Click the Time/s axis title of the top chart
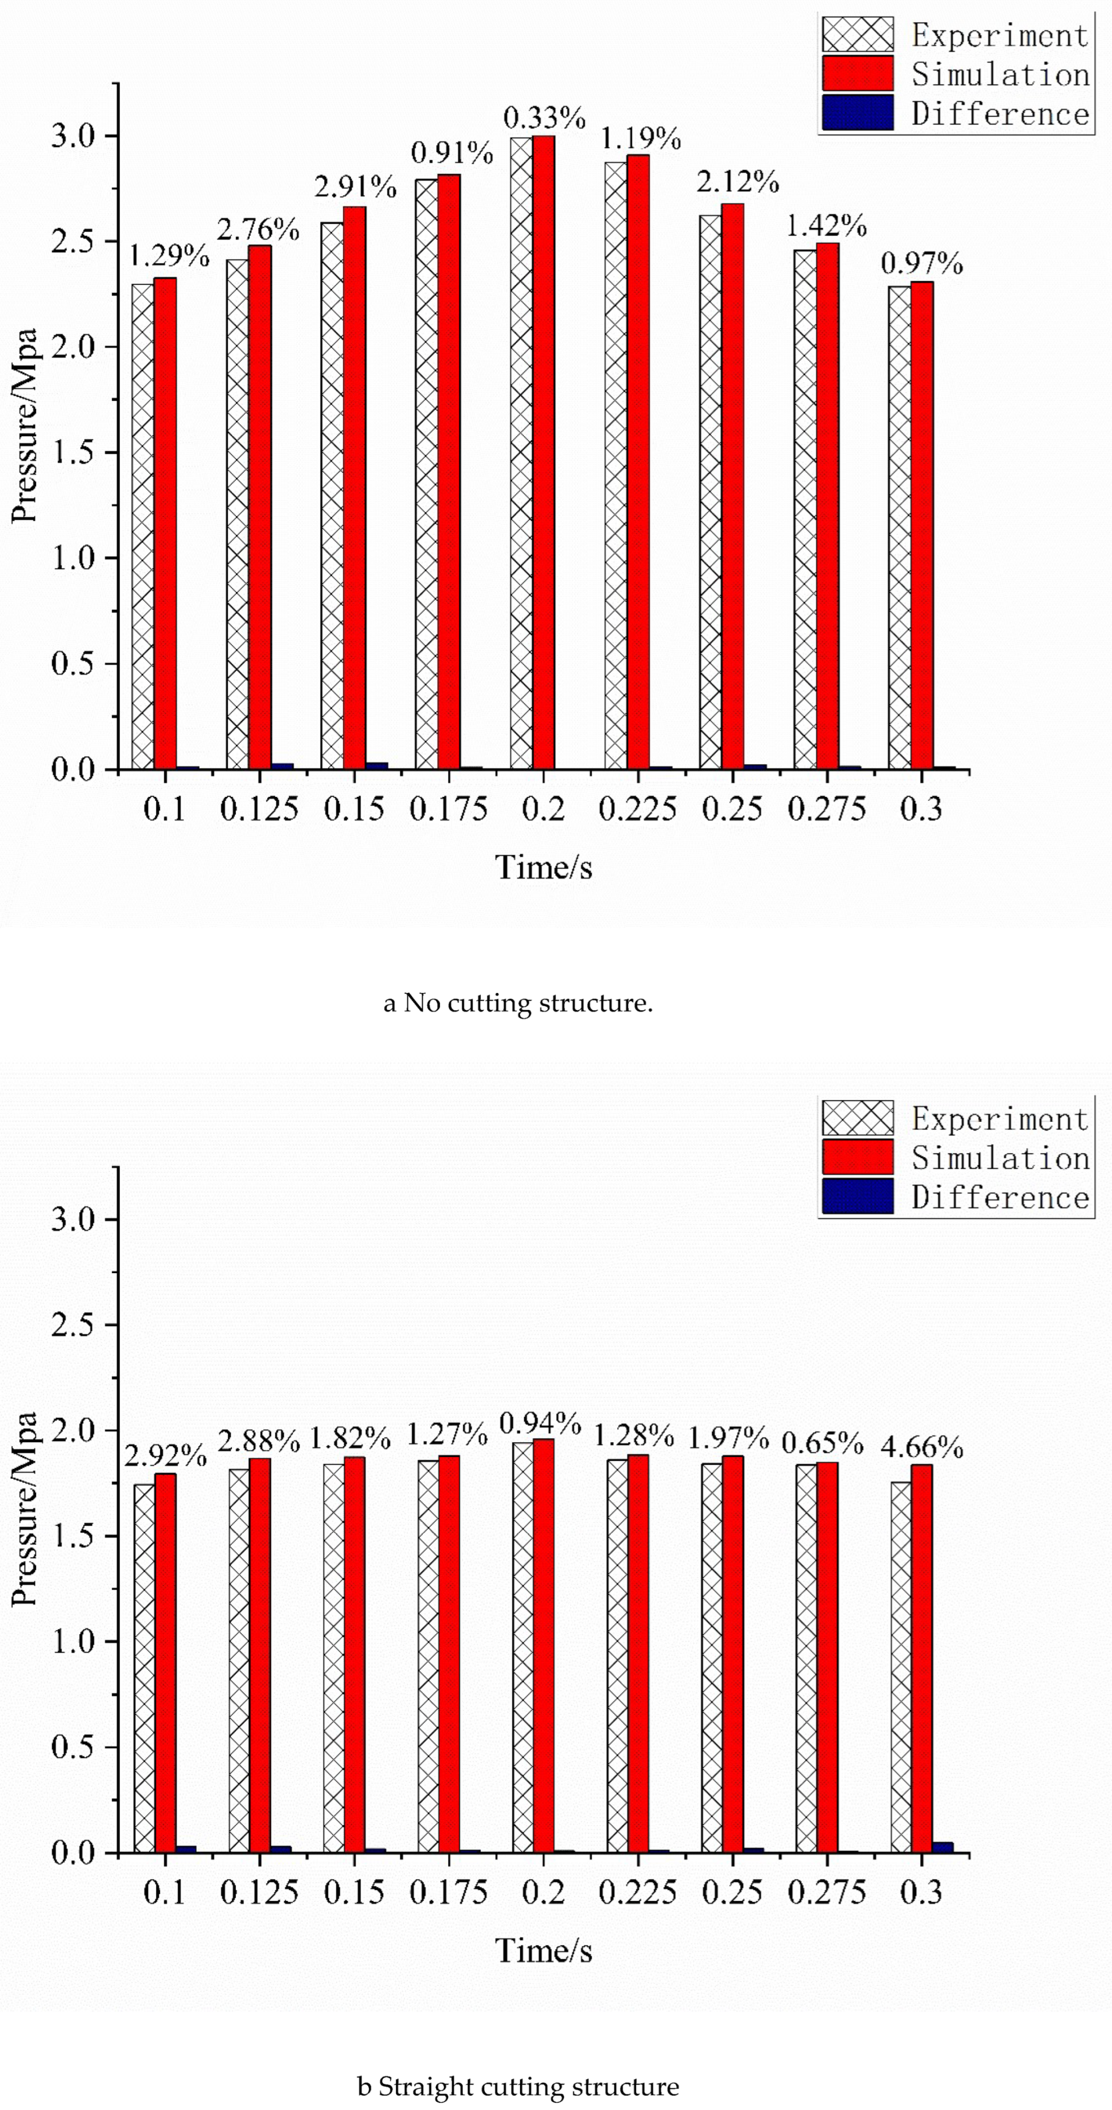(543, 867)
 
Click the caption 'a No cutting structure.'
(518, 1004)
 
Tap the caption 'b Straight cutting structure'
(518, 2086)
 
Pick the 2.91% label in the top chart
(355, 187)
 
